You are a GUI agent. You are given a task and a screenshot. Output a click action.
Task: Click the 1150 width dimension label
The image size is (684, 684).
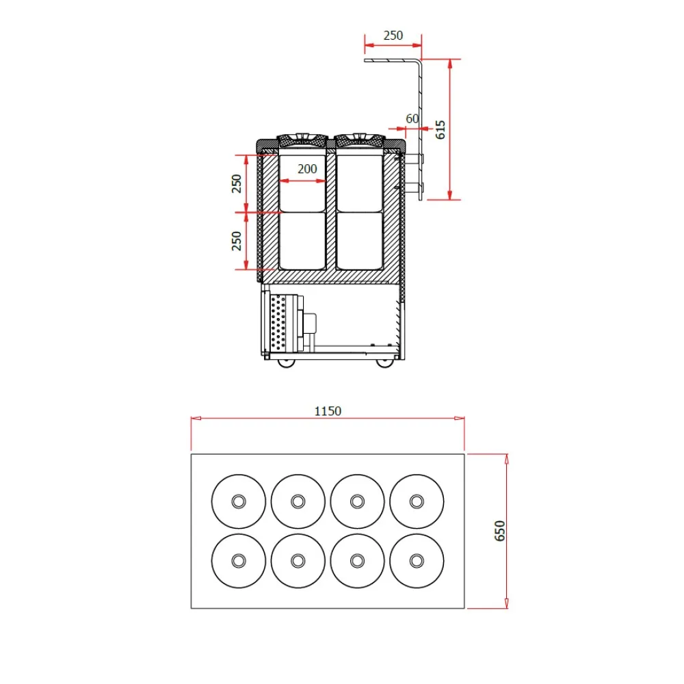coord(328,411)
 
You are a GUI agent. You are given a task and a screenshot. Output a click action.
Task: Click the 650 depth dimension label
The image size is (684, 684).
coord(499,531)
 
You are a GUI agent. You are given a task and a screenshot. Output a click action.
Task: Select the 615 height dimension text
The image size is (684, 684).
coord(440,130)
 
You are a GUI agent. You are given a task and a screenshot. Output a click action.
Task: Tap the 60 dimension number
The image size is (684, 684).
coord(412,118)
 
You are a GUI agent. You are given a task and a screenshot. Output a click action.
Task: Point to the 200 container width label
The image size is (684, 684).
coord(307,169)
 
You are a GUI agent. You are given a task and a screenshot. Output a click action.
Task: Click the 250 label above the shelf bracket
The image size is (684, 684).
coord(393,36)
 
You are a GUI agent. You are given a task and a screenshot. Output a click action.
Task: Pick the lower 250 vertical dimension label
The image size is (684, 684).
coord(237,241)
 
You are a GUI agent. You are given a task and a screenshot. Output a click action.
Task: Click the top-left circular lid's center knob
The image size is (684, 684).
coord(238,501)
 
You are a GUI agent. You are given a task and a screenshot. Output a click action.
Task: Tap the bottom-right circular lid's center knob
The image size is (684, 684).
coord(416,560)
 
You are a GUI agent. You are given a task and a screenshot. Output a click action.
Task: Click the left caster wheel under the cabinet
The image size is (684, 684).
coord(287,363)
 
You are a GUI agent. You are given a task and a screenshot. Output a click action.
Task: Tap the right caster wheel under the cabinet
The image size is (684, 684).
coord(385,363)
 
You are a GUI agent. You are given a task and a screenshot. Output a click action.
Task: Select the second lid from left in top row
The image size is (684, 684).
coord(298,501)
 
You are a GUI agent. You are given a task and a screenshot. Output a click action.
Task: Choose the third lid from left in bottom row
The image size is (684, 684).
coord(356,560)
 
